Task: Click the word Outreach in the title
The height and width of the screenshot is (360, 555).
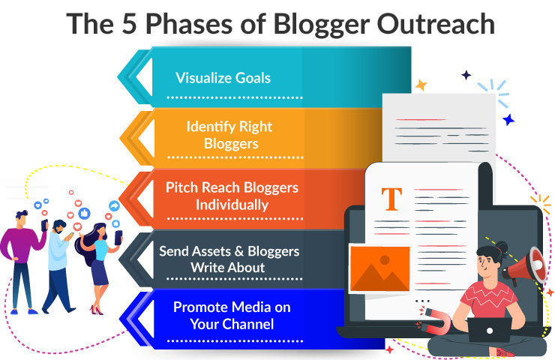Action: click(x=435, y=24)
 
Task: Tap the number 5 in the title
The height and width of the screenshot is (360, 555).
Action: click(x=129, y=24)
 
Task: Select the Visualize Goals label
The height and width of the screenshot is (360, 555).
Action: click(x=223, y=78)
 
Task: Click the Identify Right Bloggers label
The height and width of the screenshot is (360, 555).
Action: click(x=229, y=135)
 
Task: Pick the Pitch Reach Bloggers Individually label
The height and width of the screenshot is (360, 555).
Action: click(x=232, y=196)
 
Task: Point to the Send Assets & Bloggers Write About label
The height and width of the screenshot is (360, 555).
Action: click(x=229, y=259)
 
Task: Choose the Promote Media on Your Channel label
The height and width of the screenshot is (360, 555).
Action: click(x=232, y=315)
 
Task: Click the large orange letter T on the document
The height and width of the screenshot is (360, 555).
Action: click(x=391, y=199)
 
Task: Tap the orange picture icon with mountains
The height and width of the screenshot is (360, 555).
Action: click(x=379, y=268)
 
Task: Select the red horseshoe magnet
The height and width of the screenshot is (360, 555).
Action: click(x=435, y=320)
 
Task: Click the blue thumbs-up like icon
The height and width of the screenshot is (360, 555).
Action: click(x=84, y=213)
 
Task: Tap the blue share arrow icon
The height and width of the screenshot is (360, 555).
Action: click(x=114, y=205)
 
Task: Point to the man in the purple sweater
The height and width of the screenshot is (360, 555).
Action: click(x=22, y=262)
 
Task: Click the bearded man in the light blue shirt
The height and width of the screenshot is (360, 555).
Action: click(x=58, y=266)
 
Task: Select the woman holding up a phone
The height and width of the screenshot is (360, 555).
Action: click(x=97, y=268)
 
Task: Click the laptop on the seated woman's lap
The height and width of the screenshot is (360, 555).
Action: click(x=489, y=330)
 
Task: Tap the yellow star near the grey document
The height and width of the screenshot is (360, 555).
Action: click(x=421, y=85)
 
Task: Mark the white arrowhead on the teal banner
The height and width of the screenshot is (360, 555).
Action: click(x=144, y=77)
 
